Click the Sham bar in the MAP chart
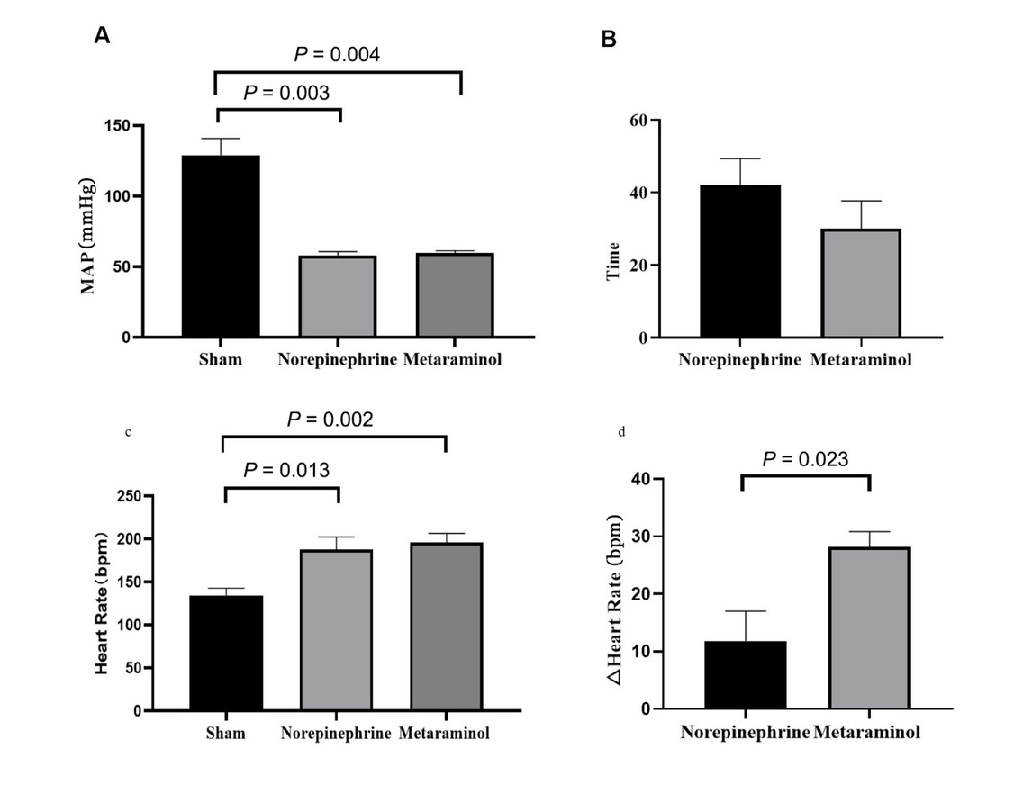pos(221,246)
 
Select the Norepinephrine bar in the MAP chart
pos(338,296)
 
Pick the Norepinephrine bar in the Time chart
pos(741,261)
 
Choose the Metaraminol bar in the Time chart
pos(861,284)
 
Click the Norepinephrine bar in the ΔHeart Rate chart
pos(745,675)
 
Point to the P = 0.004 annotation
pos(337,55)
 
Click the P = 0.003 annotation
pos(286,92)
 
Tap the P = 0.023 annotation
pos(805,459)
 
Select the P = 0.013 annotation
pos(285,470)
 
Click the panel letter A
pos(103,35)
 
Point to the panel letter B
pos(609,39)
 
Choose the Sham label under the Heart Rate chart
pos(225,733)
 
